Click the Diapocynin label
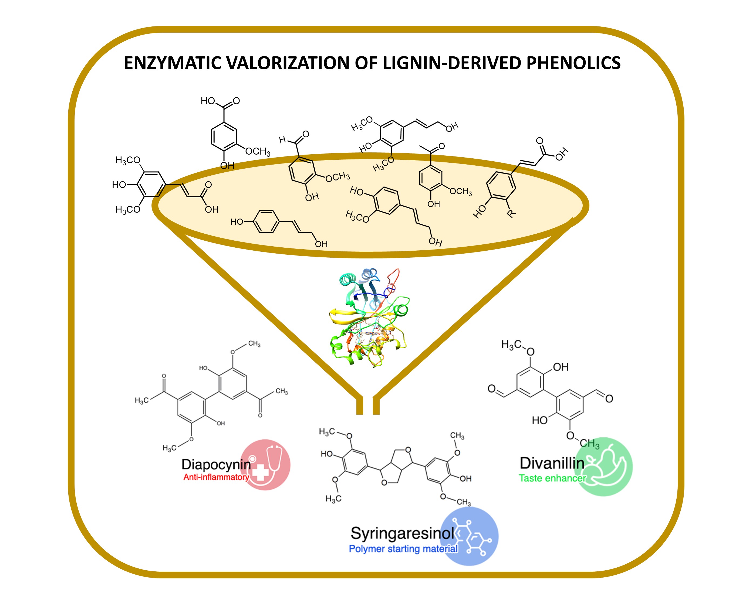pos(216,464)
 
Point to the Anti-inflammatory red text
pos(216,477)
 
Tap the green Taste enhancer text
pos(552,478)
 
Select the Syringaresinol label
pos(402,533)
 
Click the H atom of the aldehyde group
pos(282,140)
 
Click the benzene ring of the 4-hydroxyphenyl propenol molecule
pos(266,221)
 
